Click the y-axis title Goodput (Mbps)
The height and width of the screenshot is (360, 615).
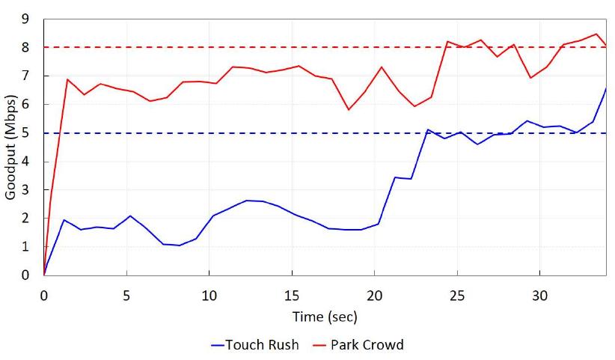pos(10,147)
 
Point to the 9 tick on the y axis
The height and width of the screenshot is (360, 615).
pos(25,19)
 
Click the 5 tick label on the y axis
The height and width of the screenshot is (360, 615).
pos(25,133)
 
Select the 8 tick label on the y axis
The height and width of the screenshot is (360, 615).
pos(25,47)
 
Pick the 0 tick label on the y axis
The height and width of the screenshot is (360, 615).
pos(25,275)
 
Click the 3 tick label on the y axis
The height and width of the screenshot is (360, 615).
pos(25,190)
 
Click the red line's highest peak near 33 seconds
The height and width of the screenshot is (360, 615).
pos(596,34)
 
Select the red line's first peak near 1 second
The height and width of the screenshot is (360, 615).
pos(67,79)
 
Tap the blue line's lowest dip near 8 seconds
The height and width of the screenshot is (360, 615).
pos(180,245)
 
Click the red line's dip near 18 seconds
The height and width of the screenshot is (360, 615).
pos(349,110)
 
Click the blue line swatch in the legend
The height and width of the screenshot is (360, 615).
pos(218,345)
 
